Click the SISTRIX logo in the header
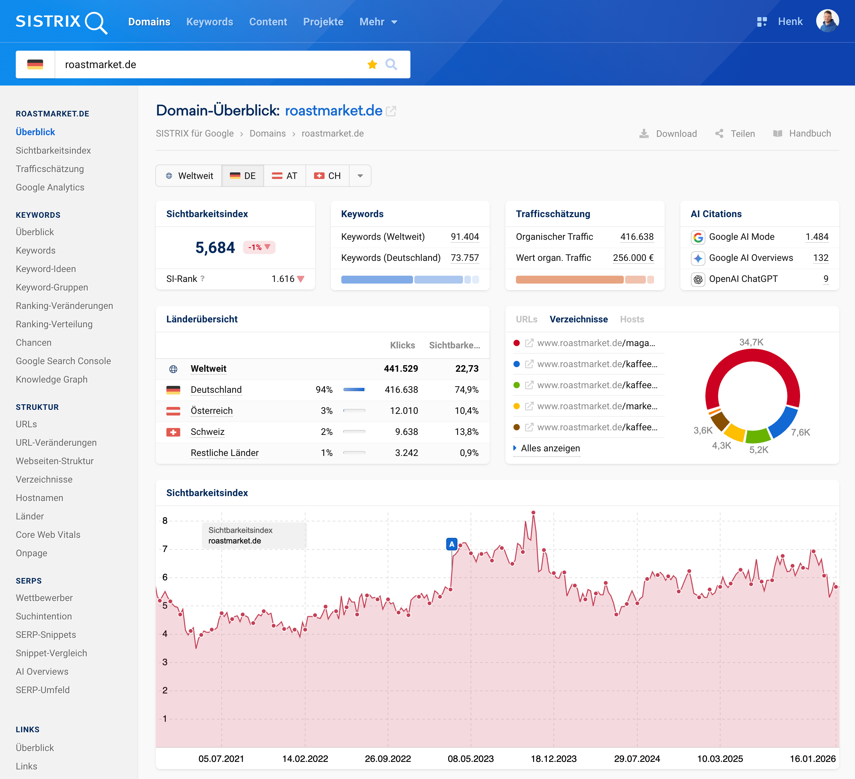coord(61,22)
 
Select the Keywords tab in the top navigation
coord(209,22)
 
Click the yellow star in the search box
coord(372,64)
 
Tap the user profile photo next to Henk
coord(827,21)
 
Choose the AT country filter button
coord(284,176)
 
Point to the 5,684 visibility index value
coord(215,247)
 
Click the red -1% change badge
coord(259,247)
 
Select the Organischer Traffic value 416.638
coord(637,237)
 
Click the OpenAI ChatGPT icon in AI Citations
coord(698,279)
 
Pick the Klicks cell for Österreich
coord(404,411)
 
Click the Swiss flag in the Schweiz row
coord(173,432)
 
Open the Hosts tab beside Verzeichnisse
coord(631,319)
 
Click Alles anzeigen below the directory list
coord(550,448)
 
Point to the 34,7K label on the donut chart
coord(751,342)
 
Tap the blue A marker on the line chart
coord(452,544)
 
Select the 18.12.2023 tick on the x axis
coord(553,759)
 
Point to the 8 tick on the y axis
coord(165,521)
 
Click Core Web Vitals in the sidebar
coord(48,535)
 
